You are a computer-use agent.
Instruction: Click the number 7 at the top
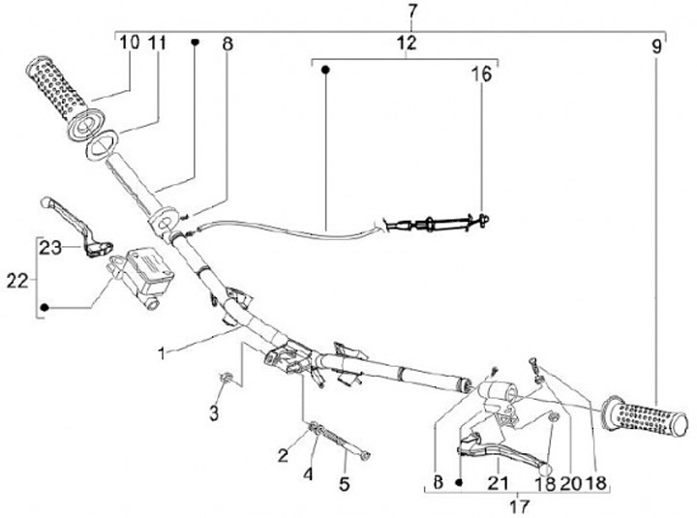pyautogui.click(x=412, y=11)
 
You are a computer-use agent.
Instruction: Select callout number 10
pyautogui.click(x=130, y=42)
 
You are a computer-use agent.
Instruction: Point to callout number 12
pyautogui.click(x=407, y=43)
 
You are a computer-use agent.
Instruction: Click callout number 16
pyautogui.click(x=481, y=75)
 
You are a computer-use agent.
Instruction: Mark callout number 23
pyautogui.click(x=50, y=248)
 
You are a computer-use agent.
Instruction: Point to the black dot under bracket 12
pyautogui.click(x=326, y=70)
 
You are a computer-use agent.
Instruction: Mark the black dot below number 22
pyautogui.click(x=44, y=310)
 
